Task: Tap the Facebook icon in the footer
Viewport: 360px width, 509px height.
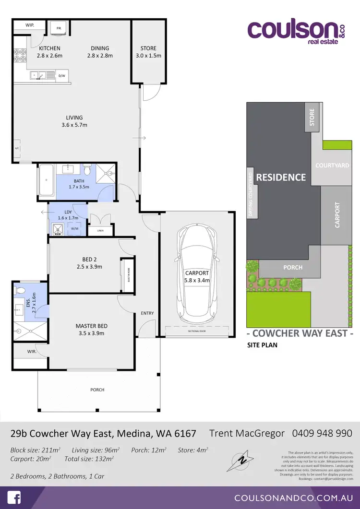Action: tap(15, 497)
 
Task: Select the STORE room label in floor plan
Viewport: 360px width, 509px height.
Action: tap(148, 48)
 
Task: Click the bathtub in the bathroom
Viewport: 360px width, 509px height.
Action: tap(47, 180)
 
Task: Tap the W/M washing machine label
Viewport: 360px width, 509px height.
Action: tap(74, 229)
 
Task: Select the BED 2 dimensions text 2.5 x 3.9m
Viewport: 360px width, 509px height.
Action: tap(90, 267)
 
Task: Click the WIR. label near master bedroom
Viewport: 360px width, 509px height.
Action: tap(32, 352)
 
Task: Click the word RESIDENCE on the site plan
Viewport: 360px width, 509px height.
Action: tap(281, 178)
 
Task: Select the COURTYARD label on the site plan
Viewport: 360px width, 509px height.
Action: tap(332, 166)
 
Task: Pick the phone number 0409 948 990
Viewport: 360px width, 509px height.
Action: tap(322, 433)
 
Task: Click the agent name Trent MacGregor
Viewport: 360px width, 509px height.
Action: tap(247, 433)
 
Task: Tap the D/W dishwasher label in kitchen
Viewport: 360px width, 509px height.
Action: tap(62, 76)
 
